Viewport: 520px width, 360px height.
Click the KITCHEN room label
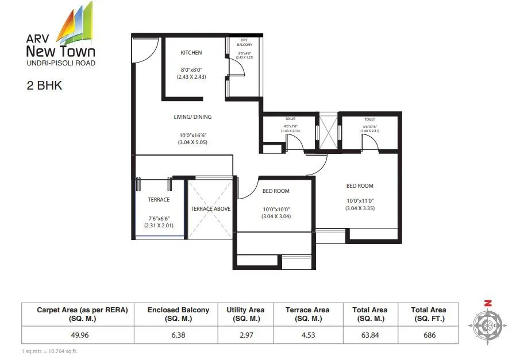pos(191,53)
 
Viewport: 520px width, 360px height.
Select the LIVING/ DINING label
pos(192,117)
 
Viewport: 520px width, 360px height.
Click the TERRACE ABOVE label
pos(210,209)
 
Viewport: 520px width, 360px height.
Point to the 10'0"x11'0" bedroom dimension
pos(360,200)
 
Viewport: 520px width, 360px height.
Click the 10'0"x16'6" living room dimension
pos(192,136)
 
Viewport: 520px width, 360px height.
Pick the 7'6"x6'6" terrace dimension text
pos(159,218)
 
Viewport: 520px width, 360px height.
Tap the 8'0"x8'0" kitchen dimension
pos(191,69)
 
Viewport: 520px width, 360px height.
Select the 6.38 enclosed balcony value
pos(178,335)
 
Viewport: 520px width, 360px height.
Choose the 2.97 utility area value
pos(245,335)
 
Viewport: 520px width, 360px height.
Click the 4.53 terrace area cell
pos(307,335)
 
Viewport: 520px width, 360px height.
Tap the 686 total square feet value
pos(428,335)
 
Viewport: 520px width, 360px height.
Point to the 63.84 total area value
pos(369,335)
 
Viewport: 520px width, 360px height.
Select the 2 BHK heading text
pos(44,86)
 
